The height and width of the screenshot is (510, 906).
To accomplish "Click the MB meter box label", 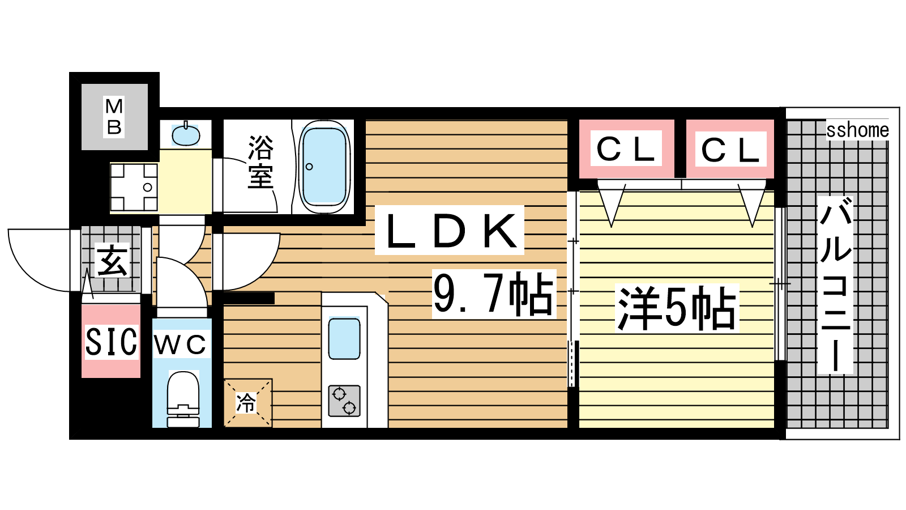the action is click(x=114, y=117).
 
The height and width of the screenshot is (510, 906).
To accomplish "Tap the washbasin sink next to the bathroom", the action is click(x=186, y=135).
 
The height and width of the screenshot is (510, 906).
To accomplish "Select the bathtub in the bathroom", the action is click(x=324, y=167).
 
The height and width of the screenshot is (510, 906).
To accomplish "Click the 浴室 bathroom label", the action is click(x=261, y=162).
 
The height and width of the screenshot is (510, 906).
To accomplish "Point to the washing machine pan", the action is click(x=134, y=187).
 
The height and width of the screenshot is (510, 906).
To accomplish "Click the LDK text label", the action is click(x=450, y=230).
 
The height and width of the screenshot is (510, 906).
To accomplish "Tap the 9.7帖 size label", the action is click(x=494, y=294).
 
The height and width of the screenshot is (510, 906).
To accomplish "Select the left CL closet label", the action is click(x=626, y=148).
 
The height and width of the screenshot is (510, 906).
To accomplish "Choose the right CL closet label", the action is click(x=730, y=150).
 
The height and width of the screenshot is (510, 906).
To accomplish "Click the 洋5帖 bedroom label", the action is click(x=677, y=308).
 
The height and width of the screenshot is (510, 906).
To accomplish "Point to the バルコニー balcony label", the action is click(x=835, y=285).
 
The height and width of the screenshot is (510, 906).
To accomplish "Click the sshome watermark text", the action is click(x=857, y=130).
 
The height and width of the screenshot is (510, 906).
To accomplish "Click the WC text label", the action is click(x=181, y=344).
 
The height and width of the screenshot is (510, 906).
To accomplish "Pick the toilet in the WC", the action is click(x=183, y=399).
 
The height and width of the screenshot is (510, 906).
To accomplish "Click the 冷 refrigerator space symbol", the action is click(x=247, y=403).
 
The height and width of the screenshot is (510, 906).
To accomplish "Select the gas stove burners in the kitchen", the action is click(x=344, y=401).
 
